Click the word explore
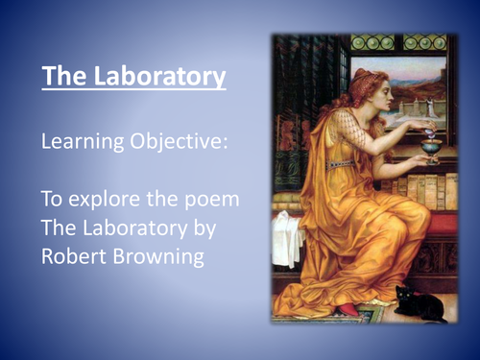click(x=99, y=204)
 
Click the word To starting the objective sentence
click(x=52, y=204)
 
